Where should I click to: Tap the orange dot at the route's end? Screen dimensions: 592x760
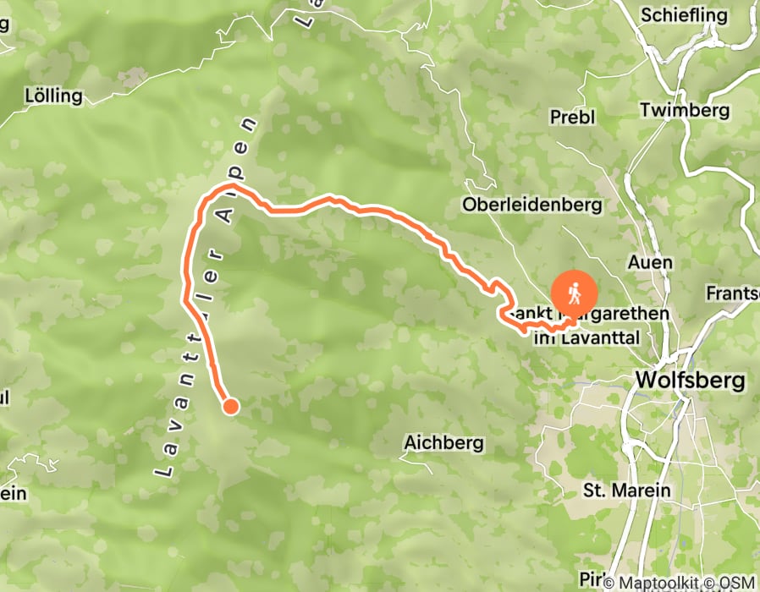(229, 407)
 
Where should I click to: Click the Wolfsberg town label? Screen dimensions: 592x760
(690, 380)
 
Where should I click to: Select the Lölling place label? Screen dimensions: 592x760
(54, 96)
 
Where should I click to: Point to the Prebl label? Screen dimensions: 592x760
(573, 117)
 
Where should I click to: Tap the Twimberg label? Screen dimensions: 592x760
(685, 110)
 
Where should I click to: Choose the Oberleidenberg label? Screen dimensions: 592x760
(531, 205)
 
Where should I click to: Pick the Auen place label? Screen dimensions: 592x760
(650, 262)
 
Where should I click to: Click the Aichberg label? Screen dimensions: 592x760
(443, 442)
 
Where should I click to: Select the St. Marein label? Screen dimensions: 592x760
(627, 491)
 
